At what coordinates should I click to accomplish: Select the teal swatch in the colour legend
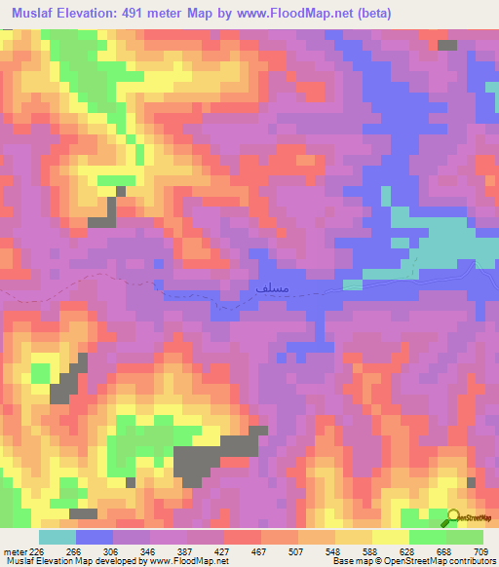58,538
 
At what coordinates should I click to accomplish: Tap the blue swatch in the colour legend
94,538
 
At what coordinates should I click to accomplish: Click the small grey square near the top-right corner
447,45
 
